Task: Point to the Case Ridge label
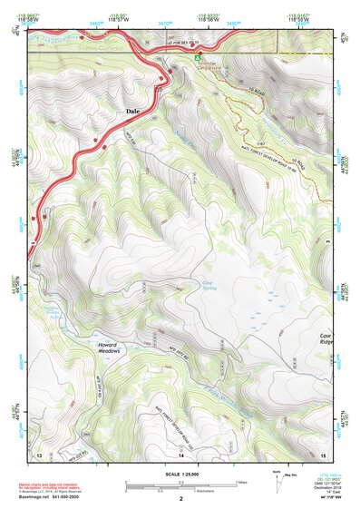click(x=326, y=340)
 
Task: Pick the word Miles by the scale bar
click(x=239, y=482)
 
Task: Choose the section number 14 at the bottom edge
click(x=180, y=453)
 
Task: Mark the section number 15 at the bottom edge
click(x=323, y=453)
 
